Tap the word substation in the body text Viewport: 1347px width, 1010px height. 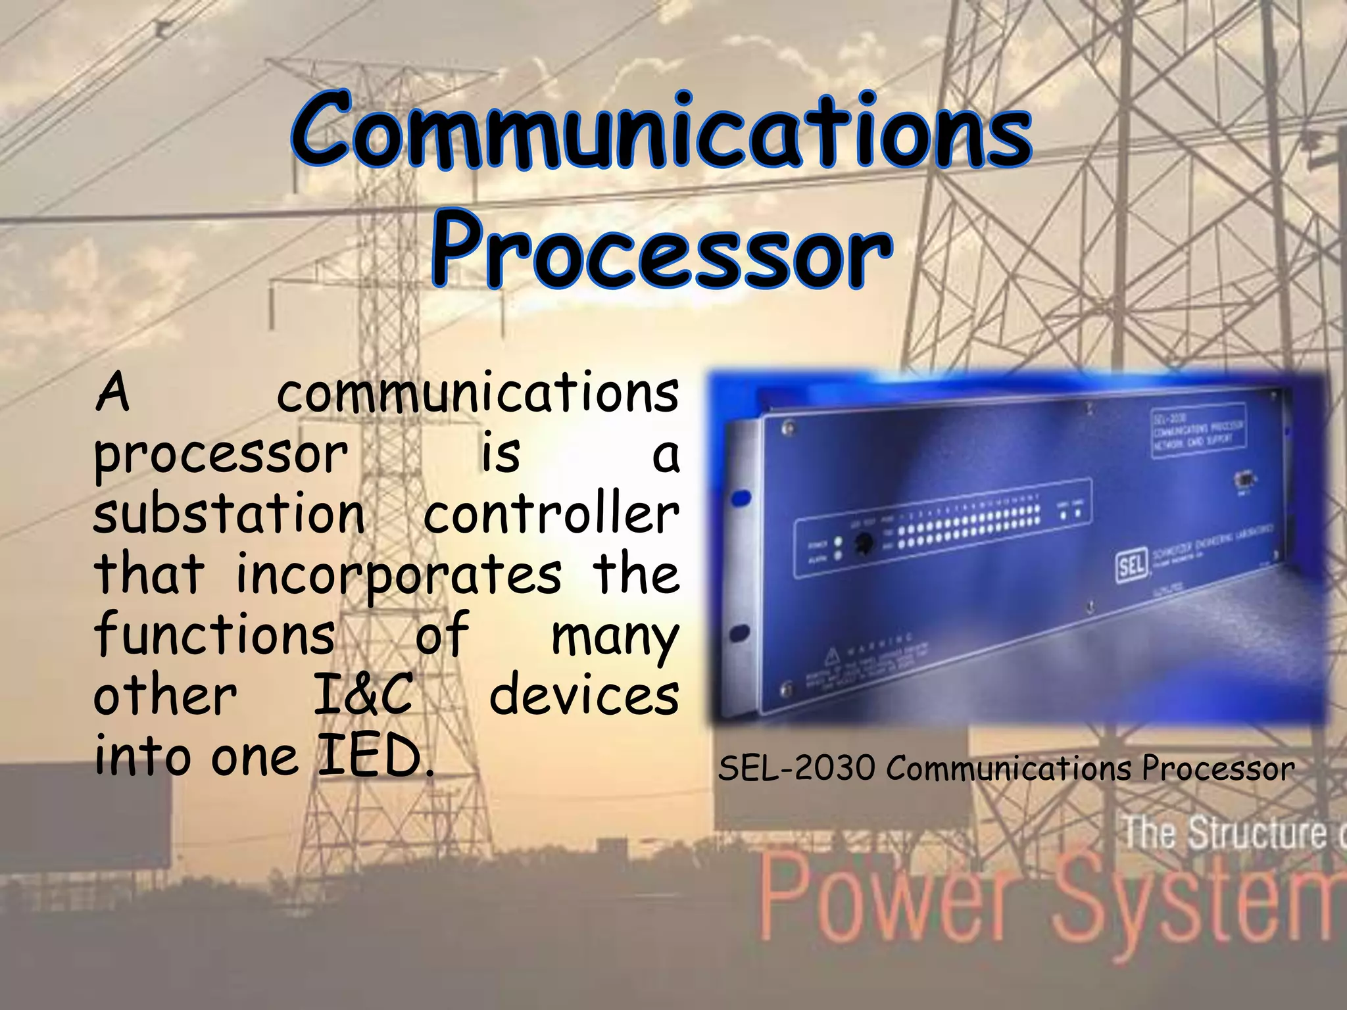point(229,514)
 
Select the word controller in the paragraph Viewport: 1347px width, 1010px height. point(551,514)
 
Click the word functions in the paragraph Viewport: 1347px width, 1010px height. point(215,635)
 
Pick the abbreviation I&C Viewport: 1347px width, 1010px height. point(363,696)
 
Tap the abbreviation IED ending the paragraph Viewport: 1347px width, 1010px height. point(375,756)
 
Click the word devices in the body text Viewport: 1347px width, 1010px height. point(584,696)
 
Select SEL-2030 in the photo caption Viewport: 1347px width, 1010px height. point(796,768)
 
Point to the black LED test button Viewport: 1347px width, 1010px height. point(863,543)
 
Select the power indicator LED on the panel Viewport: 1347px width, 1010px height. point(838,542)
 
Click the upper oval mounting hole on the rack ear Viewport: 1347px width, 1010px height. point(741,498)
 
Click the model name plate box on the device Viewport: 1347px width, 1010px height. point(1197,431)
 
